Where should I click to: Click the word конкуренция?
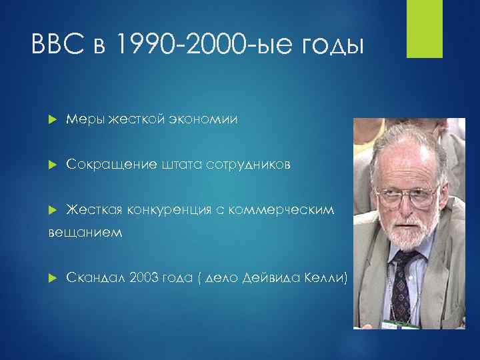165,211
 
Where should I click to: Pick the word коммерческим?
286,211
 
